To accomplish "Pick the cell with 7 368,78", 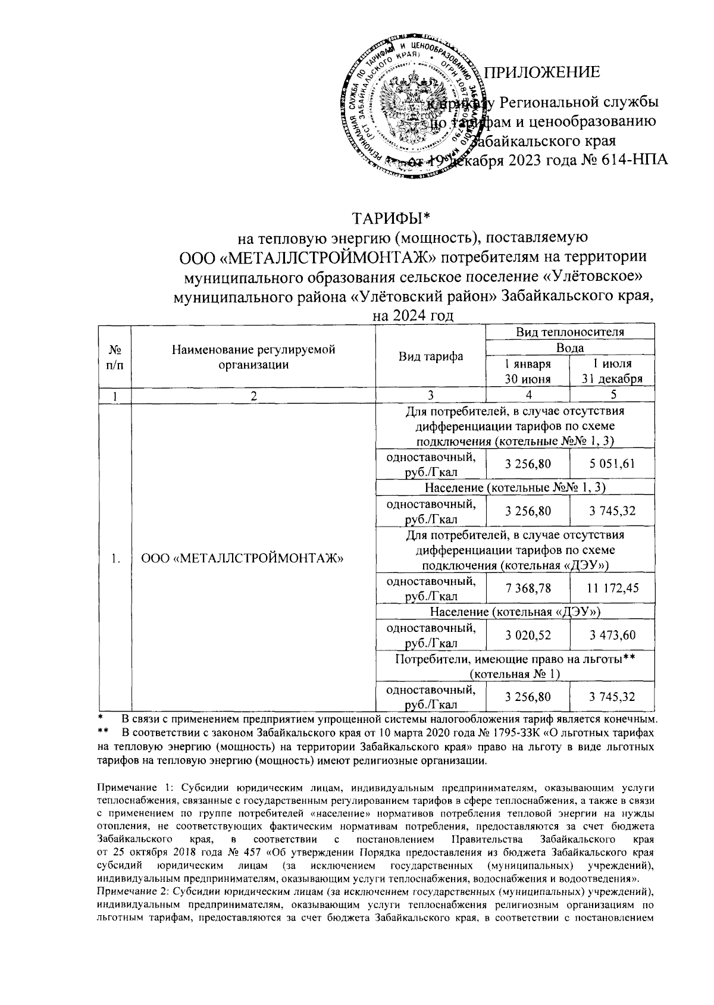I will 528,588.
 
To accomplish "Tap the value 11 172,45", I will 613,588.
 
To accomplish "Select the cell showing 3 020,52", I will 528,635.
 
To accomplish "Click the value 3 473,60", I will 613,635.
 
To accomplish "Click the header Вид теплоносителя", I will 570,332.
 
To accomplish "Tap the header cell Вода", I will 570,347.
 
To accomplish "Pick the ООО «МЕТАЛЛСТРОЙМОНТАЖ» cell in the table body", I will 244,558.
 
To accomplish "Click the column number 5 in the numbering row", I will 613,395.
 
